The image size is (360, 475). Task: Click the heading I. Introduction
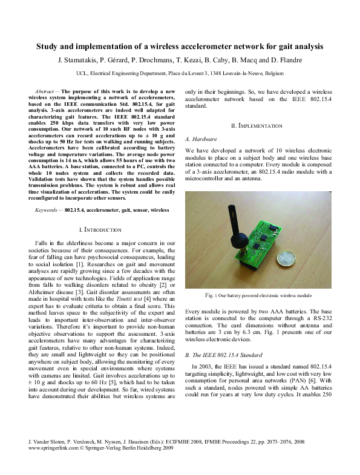click(x=101, y=230)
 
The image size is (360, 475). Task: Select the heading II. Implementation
click(x=257, y=126)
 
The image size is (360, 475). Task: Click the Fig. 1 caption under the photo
click(x=258, y=296)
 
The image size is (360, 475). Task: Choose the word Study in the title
click(x=48, y=46)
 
